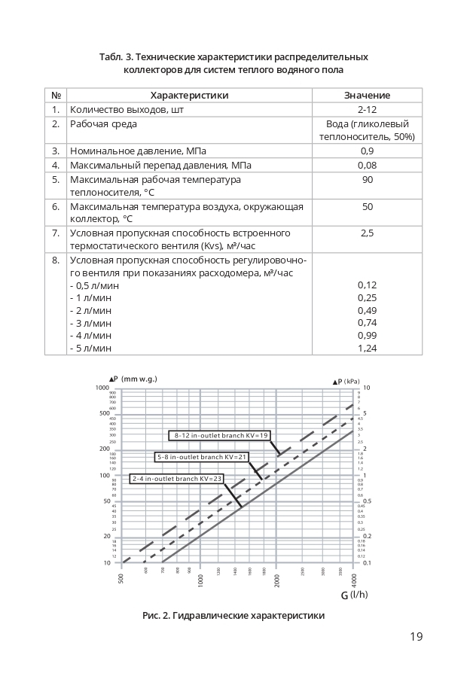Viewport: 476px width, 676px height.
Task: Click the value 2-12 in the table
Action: click(x=367, y=110)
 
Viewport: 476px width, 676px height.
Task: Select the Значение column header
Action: click(x=367, y=96)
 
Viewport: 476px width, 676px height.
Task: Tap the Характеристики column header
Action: click(x=189, y=96)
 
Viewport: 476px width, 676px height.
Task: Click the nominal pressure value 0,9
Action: click(x=367, y=151)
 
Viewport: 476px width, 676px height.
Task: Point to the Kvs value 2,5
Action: click(x=367, y=233)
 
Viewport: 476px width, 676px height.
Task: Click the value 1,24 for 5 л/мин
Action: click(x=367, y=349)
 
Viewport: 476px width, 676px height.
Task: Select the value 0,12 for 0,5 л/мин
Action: click(x=367, y=285)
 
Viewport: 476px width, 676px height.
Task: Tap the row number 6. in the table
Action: click(x=55, y=207)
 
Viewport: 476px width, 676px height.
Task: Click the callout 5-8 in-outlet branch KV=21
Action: click(x=203, y=457)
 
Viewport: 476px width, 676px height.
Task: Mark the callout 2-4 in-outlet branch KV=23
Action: click(x=178, y=478)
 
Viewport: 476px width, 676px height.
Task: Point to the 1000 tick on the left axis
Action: click(x=102, y=388)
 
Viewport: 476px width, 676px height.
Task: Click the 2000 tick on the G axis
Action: click(x=276, y=580)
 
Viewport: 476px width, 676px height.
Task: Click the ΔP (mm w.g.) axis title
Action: click(x=134, y=379)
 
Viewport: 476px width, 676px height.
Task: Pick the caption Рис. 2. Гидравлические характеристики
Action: click(x=233, y=616)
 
